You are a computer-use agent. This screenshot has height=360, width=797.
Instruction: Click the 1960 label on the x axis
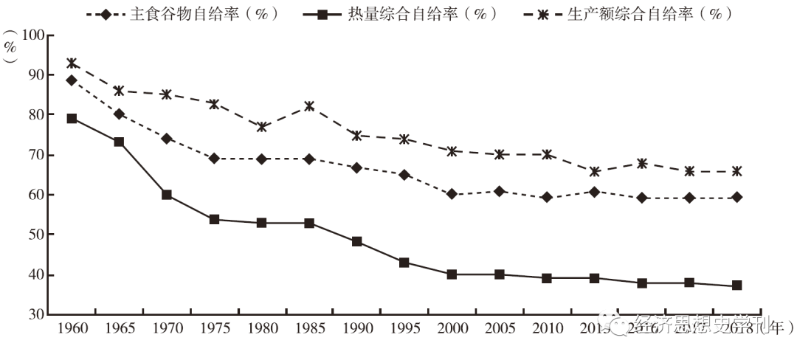[x=72, y=328]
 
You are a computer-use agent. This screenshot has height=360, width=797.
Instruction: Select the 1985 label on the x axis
[x=309, y=328]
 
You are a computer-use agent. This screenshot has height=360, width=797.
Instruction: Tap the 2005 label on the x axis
[x=500, y=328]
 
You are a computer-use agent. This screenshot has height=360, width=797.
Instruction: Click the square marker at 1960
[x=72, y=118]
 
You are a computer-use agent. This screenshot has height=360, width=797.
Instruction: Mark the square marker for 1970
[x=167, y=195]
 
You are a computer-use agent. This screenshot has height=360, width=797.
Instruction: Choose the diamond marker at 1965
[x=119, y=114]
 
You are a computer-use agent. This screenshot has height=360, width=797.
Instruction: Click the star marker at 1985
[x=309, y=106]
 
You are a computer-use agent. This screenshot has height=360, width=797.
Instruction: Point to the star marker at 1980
[x=262, y=127]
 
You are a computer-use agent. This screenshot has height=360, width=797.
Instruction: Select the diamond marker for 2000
[x=452, y=195]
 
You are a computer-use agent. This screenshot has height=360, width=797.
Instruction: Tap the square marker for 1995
[x=404, y=263]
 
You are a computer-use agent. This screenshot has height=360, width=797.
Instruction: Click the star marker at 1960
[x=72, y=63]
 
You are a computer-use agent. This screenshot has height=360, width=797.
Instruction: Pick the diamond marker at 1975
[x=214, y=159]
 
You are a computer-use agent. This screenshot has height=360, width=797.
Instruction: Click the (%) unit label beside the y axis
[x=10, y=52]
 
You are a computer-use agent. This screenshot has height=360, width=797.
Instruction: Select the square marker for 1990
[x=356, y=241]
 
